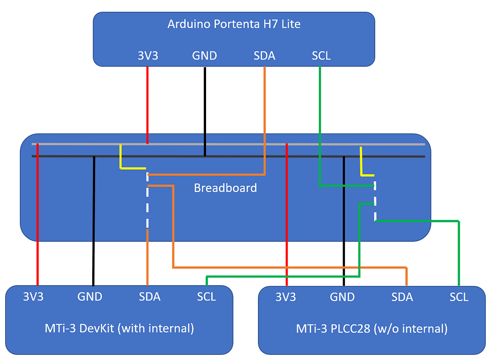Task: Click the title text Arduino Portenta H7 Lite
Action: coord(234,24)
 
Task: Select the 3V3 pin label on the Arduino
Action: coord(147,56)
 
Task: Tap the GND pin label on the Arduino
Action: coord(205,56)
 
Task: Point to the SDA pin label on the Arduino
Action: coord(264,56)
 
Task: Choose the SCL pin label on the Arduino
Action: coord(321,56)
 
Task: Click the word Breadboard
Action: coord(225,188)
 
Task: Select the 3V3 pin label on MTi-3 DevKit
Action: coord(33,297)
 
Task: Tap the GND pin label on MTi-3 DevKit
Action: coord(90,297)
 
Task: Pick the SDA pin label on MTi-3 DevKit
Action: coord(149,297)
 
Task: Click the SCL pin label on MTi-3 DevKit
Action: coord(206,297)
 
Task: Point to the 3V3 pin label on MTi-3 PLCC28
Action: coord(285,297)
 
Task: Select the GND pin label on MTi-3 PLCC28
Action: coord(342,297)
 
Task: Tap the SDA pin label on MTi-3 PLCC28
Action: coord(402,297)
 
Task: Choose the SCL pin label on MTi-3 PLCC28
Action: coord(459,297)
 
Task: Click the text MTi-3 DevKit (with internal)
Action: coord(119,329)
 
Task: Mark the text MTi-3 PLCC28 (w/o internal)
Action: coord(372,329)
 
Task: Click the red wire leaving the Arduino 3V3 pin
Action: coord(147,106)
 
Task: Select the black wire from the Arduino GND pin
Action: coord(205,110)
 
